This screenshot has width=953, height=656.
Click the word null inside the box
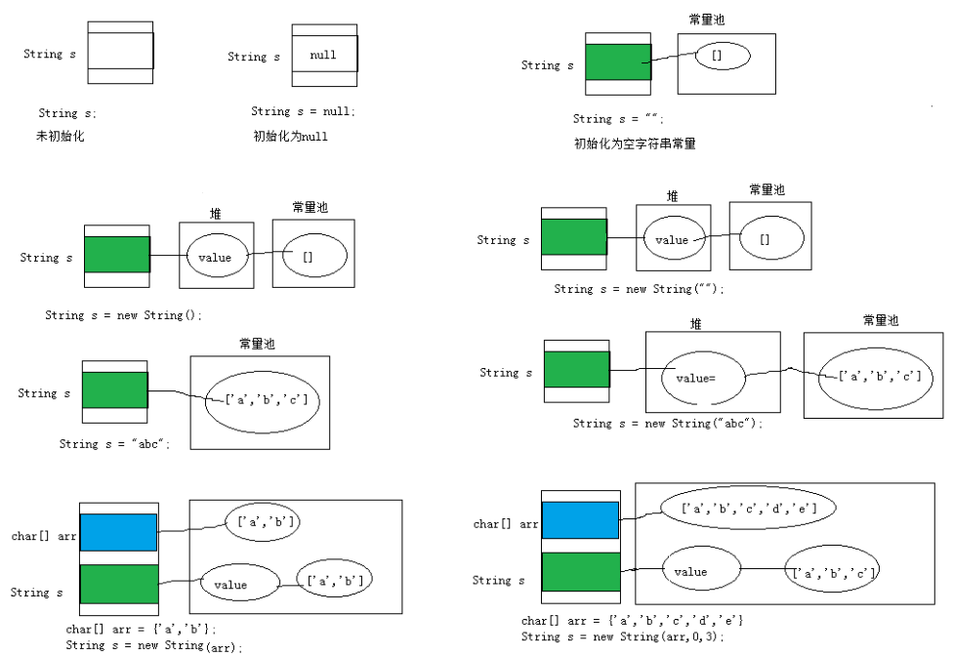tap(323, 56)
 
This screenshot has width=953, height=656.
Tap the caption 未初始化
tap(61, 137)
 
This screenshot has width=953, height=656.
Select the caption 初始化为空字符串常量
tap(635, 143)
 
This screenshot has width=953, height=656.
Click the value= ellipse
tap(702, 375)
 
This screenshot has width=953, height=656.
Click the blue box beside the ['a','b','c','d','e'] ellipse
tap(580, 520)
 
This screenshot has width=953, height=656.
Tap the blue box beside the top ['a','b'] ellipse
tap(118, 533)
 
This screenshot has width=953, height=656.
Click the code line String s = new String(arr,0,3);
tap(622, 636)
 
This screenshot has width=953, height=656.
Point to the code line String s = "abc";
tap(115, 444)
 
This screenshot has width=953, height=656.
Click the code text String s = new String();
tap(123, 316)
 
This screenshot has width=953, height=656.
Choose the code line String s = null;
tap(304, 112)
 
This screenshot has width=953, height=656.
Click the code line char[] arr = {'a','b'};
tap(142, 630)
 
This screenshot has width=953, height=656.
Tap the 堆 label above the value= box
tap(695, 324)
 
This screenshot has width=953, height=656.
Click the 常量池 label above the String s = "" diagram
tap(707, 20)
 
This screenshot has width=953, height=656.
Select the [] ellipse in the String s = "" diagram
tap(723, 56)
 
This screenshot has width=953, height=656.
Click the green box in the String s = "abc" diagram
tap(114, 389)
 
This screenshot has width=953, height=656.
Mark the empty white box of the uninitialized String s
tap(120, 51)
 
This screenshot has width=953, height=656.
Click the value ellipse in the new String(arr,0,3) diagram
tap(699, 571)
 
